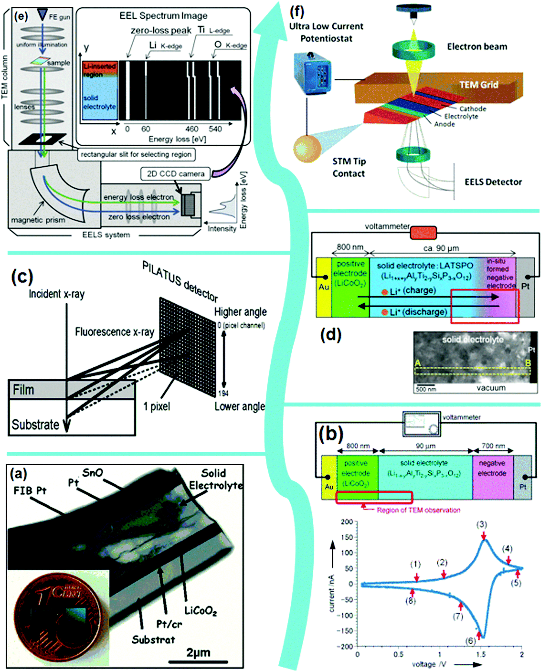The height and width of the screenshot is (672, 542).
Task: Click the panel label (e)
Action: (x=21, y=17)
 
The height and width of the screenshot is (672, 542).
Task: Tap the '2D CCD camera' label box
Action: (x=175, y=174)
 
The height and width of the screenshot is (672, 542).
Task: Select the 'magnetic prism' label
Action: (x=38, y=220)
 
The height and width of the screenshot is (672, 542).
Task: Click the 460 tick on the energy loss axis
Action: (x=192, y=129)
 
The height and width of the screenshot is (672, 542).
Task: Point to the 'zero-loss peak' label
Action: (x=161, y=30)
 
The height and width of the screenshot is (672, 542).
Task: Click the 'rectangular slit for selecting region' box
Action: (x=136, y=154)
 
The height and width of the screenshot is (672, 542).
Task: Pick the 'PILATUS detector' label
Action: (x=180, y=281)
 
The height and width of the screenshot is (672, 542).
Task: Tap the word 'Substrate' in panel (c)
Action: (x=35, y=424)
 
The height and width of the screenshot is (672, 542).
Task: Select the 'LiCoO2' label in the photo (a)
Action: (x=200, y=610)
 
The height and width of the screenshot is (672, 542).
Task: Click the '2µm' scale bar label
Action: (x=198, y=652)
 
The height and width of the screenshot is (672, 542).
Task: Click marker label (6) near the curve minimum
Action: (x=470, y=641)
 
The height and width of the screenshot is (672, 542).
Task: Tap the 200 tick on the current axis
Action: (x=347, y=522)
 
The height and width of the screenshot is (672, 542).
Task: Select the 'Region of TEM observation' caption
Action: (x=418, y=510)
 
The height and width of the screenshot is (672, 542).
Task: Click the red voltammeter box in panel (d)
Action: (x=423, y=233)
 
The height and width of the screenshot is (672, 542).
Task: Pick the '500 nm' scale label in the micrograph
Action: (x=426, y=389)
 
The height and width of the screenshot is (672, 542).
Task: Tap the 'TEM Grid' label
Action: (x=479, y=85)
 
